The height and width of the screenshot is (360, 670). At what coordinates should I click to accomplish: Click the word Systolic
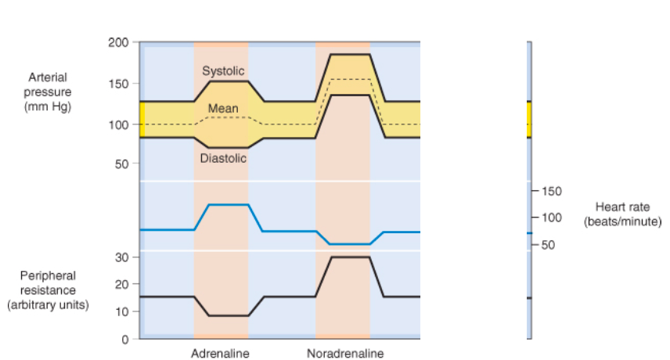223,71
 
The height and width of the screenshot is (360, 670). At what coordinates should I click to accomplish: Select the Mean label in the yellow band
223,109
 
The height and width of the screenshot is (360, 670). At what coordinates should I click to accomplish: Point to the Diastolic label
223,158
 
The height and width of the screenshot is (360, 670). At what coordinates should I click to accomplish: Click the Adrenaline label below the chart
220,354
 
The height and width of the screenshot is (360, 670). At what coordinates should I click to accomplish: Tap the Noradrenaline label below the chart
345,354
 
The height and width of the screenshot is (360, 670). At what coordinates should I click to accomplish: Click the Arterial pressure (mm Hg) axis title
48,92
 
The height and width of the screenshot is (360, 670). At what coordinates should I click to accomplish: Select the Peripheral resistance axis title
48,290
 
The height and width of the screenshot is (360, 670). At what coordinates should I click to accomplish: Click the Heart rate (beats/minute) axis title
622,214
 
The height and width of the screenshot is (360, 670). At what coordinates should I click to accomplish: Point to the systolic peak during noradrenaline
349,54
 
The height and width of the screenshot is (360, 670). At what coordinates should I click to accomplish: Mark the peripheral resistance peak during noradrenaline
349,257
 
